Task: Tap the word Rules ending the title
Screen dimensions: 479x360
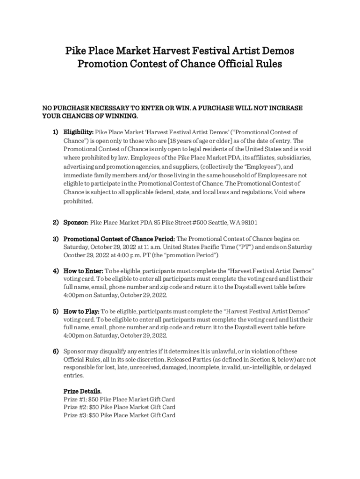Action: pos(268,64)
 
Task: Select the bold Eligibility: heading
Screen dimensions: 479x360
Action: pos(79,132)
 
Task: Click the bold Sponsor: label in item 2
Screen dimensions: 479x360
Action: pos(76,222)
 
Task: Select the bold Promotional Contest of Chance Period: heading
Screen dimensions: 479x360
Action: pos(119,239)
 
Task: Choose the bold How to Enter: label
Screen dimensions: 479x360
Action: pos(83,271)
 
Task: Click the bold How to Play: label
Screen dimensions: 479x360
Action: pos(81,311)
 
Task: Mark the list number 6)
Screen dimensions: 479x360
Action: pos(55,351)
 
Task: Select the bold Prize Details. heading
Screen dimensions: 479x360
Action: pos(82,391)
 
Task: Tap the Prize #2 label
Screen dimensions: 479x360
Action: pos(75,407)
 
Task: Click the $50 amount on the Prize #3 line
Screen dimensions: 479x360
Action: pos(94,415)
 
